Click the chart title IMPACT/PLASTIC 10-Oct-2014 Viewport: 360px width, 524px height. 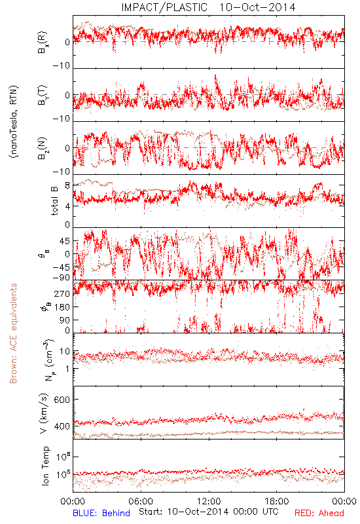[x=208, y=7]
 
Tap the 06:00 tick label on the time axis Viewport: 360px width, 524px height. [x=141, y=501]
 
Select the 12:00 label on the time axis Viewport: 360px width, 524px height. [x=209, y=501]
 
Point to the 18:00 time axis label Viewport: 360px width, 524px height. [x=277, y=501]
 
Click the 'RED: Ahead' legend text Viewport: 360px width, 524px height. [x=319, y=513]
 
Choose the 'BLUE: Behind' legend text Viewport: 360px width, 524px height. [x=101, y=513]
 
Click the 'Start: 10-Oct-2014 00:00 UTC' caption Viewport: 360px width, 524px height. [x=209, y=512]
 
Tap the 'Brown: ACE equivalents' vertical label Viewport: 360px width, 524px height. [x=13, y=333]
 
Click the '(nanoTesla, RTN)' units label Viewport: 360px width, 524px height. [x=14, y=122]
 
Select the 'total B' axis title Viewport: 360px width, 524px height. [x=54, y=200]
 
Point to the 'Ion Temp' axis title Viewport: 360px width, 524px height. [x=45, y=466]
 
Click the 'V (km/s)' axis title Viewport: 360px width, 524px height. [x=45, y=413]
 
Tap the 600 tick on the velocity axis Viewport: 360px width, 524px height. [x=62, y=400]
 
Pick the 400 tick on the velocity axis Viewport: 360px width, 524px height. [x=62, y=426]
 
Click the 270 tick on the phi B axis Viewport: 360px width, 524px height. [x=62, y=293]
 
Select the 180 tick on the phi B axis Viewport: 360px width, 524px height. [x=62, y=307]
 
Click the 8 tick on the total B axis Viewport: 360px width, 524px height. [x=67, y=185]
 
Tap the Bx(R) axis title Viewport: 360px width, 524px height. [x=43, y=42]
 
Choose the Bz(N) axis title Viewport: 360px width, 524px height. [x=43, y=148]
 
